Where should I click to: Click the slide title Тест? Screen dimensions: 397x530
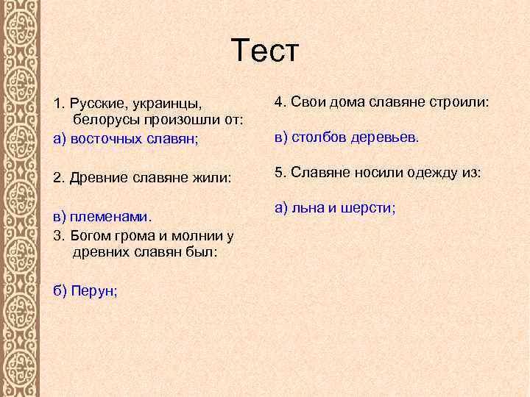pos(265,51)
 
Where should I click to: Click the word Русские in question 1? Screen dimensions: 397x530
pos(98,101)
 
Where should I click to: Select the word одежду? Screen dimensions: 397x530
pos(431,173)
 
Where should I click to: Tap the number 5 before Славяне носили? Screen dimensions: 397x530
pos(278,173)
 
